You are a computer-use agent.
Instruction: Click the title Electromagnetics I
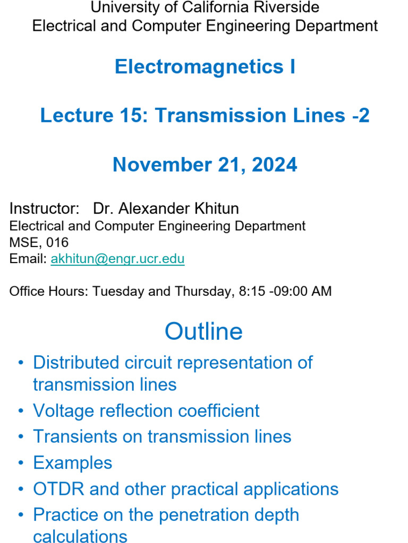[x=205, y=67]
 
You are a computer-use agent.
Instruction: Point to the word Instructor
[x=44, y=208]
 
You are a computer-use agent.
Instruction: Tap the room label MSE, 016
[x=39, y=242]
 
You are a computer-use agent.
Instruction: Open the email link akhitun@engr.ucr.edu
[x=117, y=259]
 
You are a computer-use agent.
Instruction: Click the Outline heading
[x=203, y=331]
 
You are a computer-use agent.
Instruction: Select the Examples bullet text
[x=72, y=463]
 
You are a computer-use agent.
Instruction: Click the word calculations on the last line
[x=80, y=536]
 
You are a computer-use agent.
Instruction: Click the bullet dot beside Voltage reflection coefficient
[x=21, y=411]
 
